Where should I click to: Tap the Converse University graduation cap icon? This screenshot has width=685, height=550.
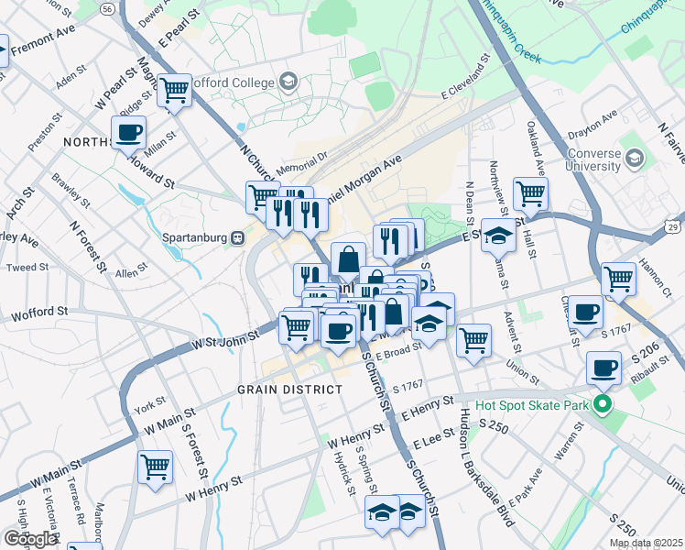coord(634,159)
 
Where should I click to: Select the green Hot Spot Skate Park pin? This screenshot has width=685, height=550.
coord(602,404)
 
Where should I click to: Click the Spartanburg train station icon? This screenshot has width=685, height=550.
coord(237,236)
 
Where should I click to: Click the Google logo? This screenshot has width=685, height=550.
coord(30,539)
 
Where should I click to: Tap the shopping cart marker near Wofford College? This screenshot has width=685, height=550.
coord(174,91)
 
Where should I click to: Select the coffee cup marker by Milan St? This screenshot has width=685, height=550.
coord(128,132)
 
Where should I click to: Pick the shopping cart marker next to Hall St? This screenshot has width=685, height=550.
coord(530,194)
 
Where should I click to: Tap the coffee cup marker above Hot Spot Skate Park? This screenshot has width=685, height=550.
coord(603,368)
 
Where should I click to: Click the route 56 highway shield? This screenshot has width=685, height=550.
coord(108,7)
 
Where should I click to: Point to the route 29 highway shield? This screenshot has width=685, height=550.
coord(674,226)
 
